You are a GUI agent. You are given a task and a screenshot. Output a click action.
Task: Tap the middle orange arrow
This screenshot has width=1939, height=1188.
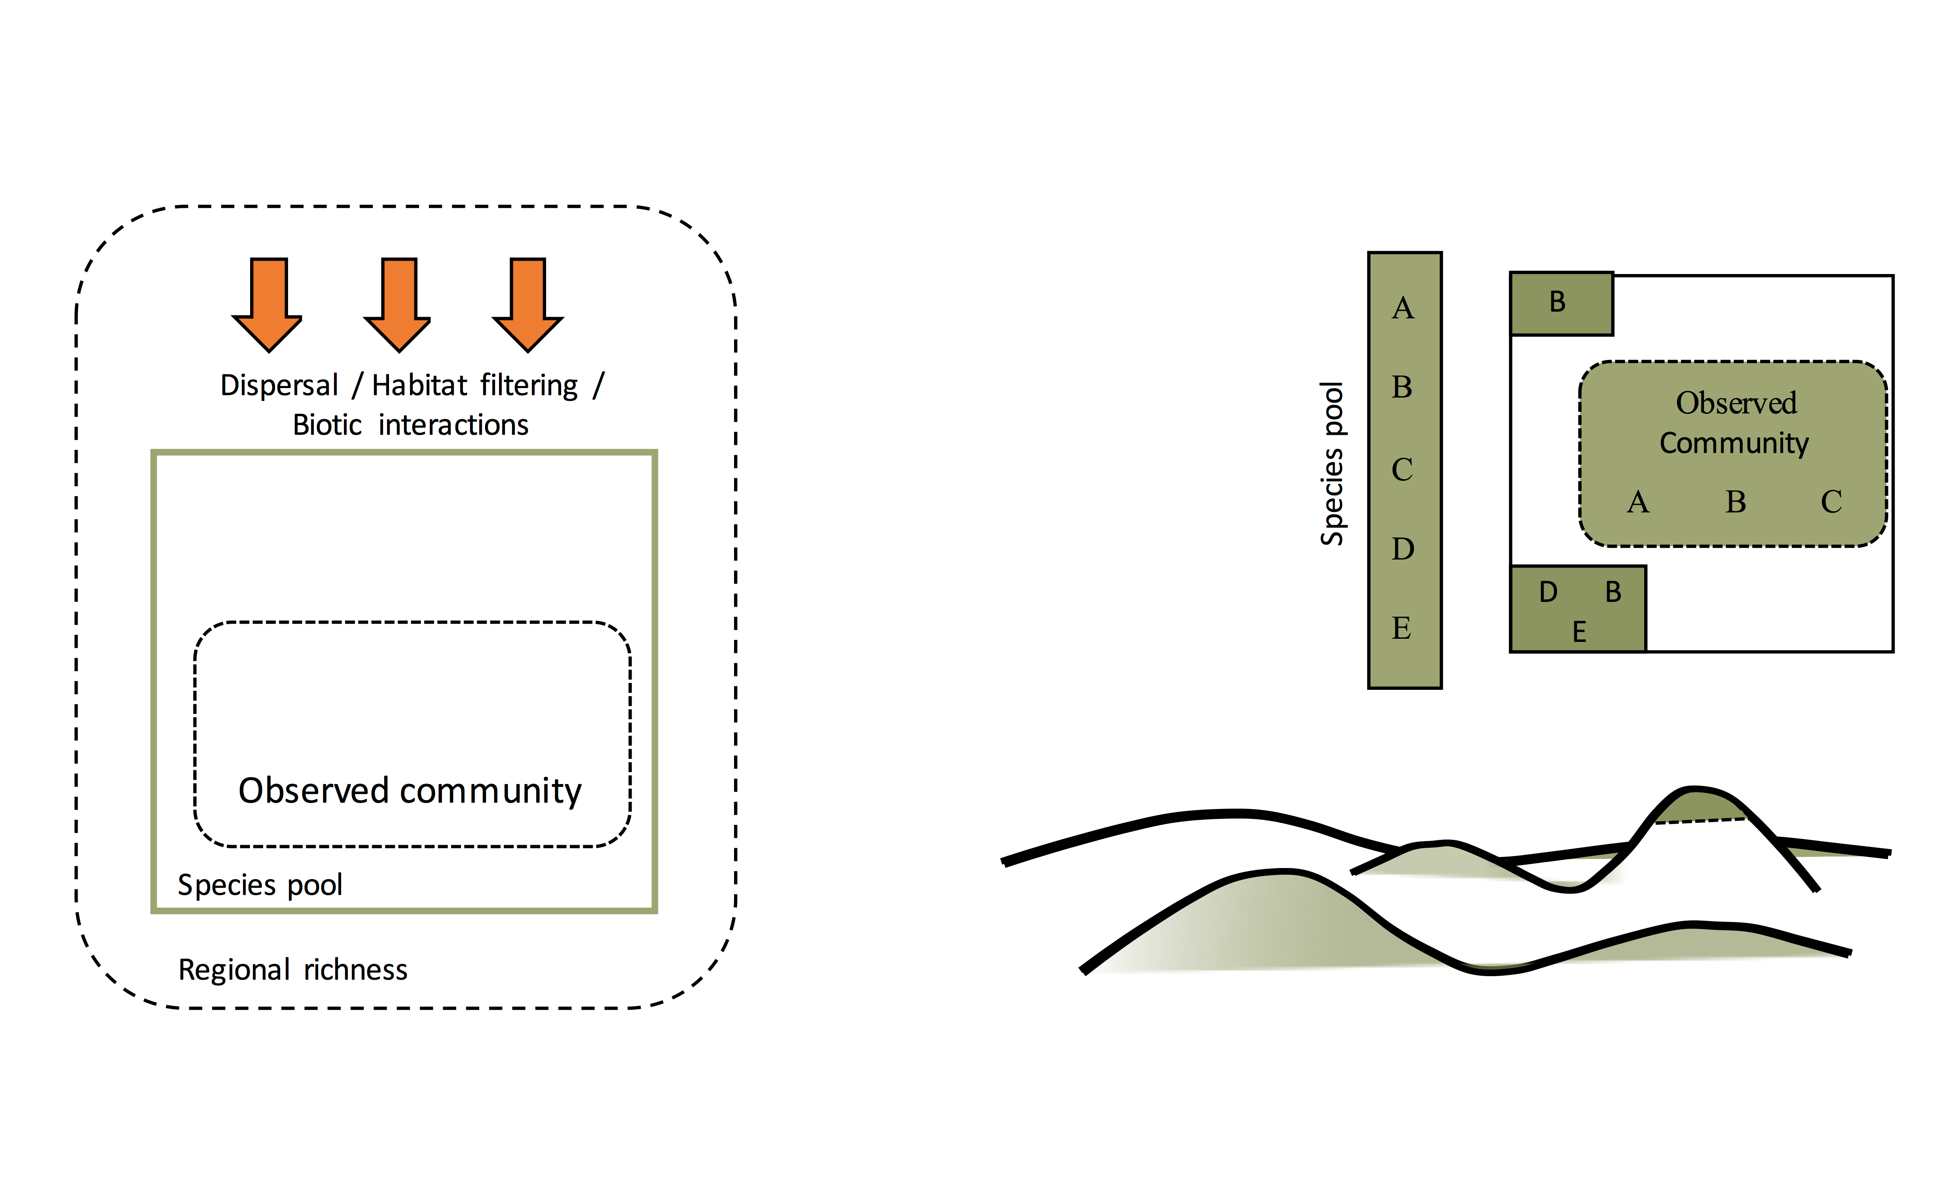pyautogui.click(x=398, y=303)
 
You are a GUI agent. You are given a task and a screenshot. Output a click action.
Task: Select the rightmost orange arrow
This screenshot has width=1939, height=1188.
pyautogui.click(x=527, y=303)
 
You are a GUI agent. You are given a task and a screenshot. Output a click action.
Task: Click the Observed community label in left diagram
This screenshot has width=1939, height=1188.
pyautogui.click(x=410, y=790)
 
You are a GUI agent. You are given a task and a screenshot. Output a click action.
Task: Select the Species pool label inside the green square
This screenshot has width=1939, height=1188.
pyautogui.click(x=260, y=885)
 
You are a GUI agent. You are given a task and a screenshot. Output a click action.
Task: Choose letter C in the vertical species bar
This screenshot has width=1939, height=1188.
pyautogui.click(x=1402, y=470)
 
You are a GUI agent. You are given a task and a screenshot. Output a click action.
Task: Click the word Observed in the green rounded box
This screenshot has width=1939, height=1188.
pyautogui.click(x=1736, y=403)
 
